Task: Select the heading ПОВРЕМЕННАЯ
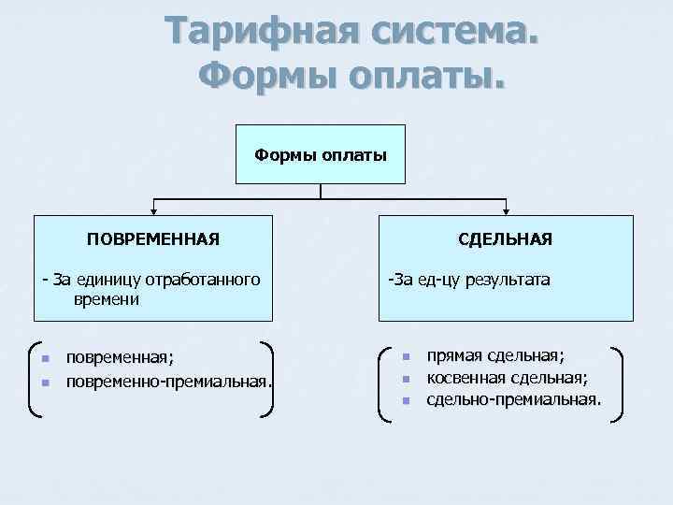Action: pos(154,239)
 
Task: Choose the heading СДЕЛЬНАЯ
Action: pos(505,239)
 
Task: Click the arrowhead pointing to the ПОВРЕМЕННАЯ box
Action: pos(154,211)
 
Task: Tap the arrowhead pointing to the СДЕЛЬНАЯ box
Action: pos(506,211)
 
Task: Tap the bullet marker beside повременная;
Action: pos(46,359)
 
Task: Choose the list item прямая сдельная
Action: pos(495,356)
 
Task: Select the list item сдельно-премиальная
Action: pos(513,400)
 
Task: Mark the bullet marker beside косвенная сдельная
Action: pos(407,379)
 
